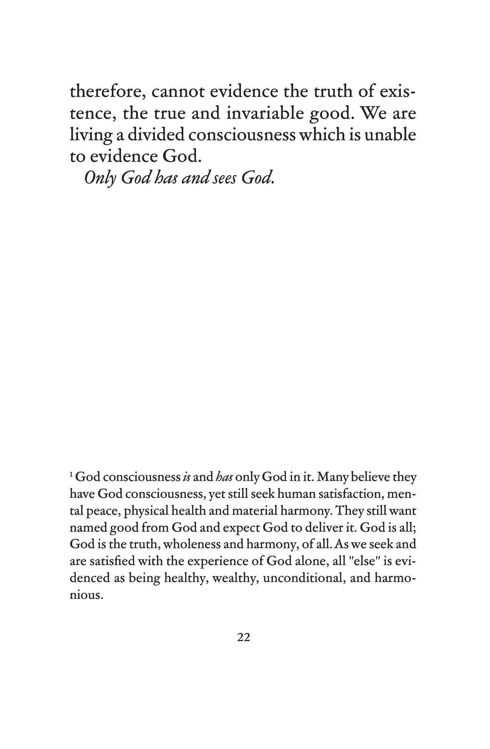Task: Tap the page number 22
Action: point(244,638)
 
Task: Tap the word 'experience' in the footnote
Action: point(218,562)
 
